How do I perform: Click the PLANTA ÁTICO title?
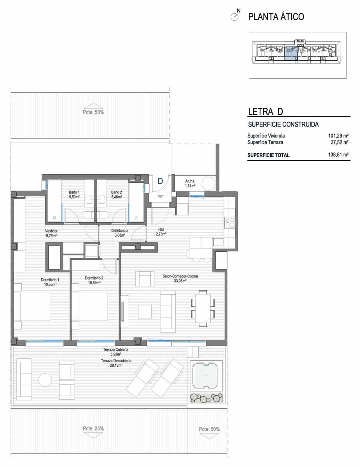(x=276, y=17)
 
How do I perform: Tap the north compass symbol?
(x=235, y=17)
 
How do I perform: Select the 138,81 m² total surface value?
(x=338, y=155)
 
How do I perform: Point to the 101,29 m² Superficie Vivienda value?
(x=338, y=136)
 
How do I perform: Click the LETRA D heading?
(x=266, y=112)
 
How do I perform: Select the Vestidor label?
(x=51, y=233)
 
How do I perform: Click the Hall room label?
(x=161, y=232)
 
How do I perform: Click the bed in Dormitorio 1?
(x=33, y=307)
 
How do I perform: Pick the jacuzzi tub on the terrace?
(x=206, y=375)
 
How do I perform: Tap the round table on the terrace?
(x=45, y=380)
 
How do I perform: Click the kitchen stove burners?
(x=230, y=222)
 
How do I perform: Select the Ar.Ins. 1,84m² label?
(x=190, y=184)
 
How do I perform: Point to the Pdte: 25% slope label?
(x=93, y=428)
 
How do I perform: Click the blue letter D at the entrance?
(x=160, y=181)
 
